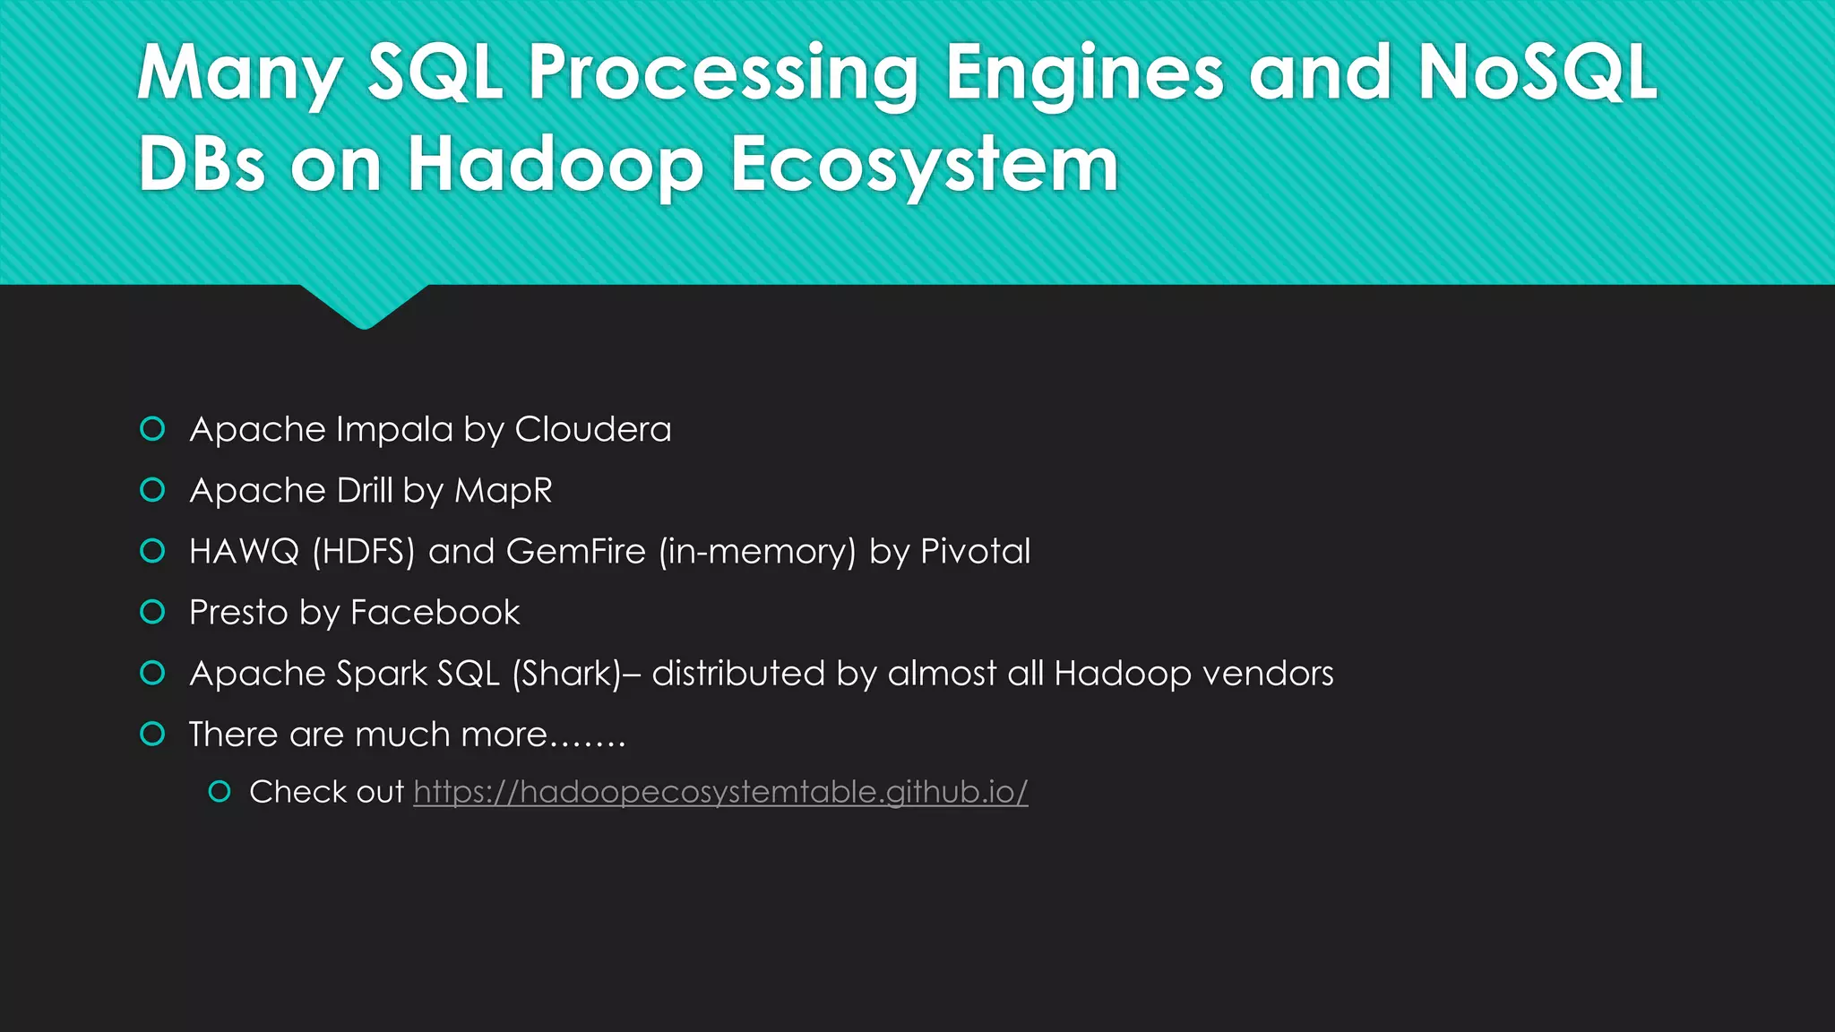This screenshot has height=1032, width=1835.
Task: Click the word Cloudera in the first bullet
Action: [x=592, y=430]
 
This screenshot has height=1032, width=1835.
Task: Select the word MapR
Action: [x=503, y=491]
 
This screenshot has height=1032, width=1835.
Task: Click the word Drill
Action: [x=364, y=491]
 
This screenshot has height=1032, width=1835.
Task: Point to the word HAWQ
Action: [x=244, y=552]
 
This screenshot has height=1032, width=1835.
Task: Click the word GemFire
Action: [x=575, y=552]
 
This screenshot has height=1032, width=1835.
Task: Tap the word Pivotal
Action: [x=975, y=552]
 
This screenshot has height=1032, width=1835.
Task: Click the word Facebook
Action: [x=435, y=613]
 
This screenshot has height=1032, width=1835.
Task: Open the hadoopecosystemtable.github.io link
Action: [x=720, y=793]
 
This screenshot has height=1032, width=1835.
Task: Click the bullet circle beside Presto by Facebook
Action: [x=153, y=612]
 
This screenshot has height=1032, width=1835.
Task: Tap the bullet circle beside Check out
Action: [x=220, y=791]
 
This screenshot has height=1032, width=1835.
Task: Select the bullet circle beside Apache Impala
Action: [x=153, y=429]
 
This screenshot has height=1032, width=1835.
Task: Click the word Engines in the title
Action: [x=1084, y=73]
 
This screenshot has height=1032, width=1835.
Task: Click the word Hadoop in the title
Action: [x=556, y=165]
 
